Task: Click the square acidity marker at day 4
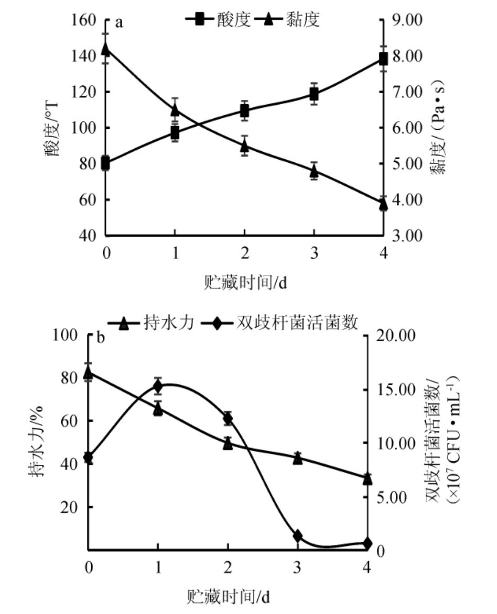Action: [x=383, y=58]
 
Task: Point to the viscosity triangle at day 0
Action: [x=105, y=50]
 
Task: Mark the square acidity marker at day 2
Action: [x=244, y=110]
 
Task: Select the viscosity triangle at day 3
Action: [x=314, y=171]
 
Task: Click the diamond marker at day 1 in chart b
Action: [x=158, y=387]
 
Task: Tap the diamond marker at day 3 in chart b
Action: [x=298, y=535]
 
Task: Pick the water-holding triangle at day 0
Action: [x=88, y=373]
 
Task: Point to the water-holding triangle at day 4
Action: [x=367, y=478]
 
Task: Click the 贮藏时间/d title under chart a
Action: [x=244, y=283]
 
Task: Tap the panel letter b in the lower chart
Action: [x=101, y=338]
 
